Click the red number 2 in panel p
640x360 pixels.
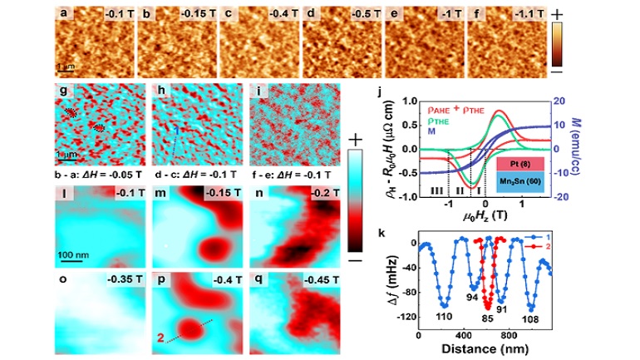160,337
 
